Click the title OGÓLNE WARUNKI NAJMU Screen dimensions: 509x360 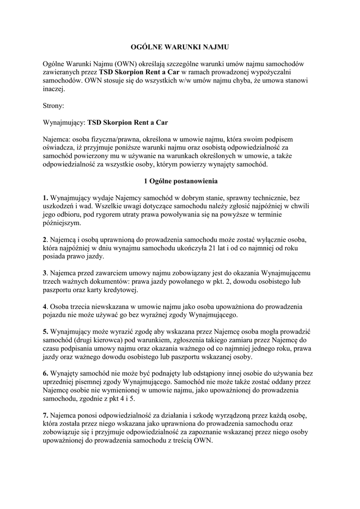click(x=180, y=47)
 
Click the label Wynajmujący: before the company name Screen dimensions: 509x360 click(x=65, y=122)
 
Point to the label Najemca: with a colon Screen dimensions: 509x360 click(x=58, y=139)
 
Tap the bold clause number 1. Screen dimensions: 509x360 click(x=45, y=198)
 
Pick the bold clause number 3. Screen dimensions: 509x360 click(x=45, y=273)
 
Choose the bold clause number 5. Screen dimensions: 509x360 click(x=45, y=332)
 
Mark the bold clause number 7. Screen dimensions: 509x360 click(x=45, y=415)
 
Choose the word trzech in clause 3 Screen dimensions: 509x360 click(x=52, y=281)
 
